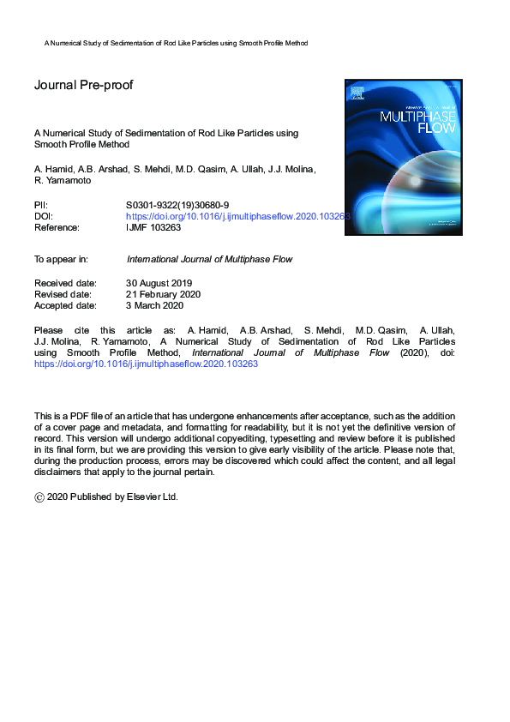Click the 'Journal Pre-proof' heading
tap(83, 85)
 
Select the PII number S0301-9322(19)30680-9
tap(177, 206)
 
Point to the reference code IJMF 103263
tap(153, 228)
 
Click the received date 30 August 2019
tap(159, 283)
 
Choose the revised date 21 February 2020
tap(163, 294)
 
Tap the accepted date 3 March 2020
tap(154, 305)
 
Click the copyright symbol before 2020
tap(39, 497)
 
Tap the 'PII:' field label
tap(41, 206)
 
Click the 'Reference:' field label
tap(57, 228)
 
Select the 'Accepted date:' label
tap(64, 305)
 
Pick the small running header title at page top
tap(176, 42)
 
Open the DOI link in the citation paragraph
tap(146, 364)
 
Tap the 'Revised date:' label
tap(62, 294)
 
